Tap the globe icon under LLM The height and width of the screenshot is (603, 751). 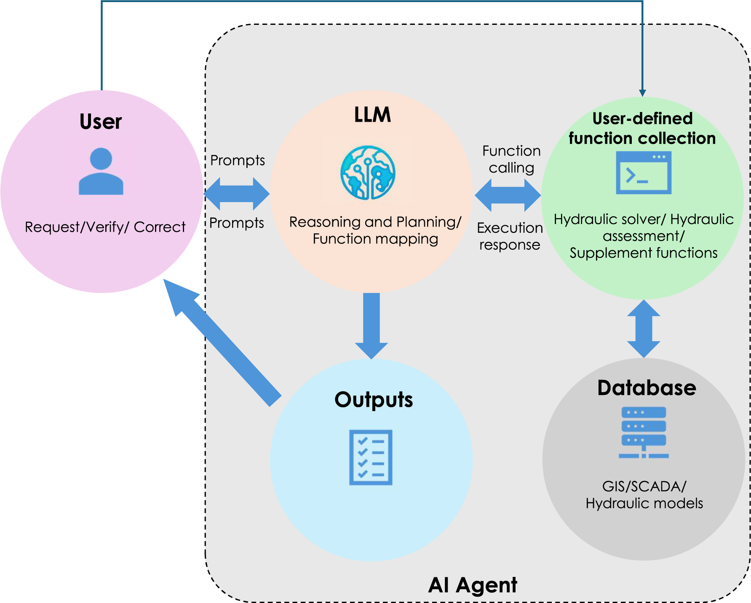(x=368, y=173)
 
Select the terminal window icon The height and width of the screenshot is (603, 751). (x=643, y=173)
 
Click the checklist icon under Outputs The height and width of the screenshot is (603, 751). (x=371, y=457)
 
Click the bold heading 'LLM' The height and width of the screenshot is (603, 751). (x=372, y=115)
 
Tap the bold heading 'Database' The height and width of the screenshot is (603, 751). (x=647, y=388)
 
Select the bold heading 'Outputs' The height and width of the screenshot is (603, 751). (x=374, y=400)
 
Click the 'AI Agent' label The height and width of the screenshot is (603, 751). (x=473, y=585)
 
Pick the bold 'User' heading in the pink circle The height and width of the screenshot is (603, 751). (x=101, y=122)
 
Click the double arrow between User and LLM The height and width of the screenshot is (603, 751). (x=237, y=194)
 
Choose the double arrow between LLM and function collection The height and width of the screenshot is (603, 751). (x=508, y=195)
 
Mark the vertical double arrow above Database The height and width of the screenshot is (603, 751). (x=644, y=328)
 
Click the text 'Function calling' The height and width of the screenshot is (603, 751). (x=511, y=159)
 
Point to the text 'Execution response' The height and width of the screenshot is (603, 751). (x=510, y=236)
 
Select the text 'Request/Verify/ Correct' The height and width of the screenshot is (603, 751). (x=105, y=227)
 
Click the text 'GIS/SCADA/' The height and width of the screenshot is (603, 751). (x=644, y=486)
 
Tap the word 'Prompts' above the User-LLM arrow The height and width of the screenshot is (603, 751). (x=238, y=160)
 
